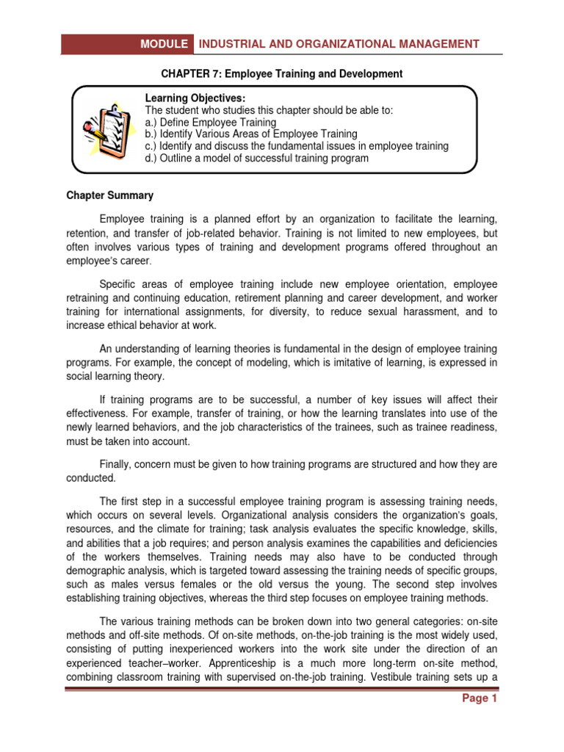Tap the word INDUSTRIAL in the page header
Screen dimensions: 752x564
234,44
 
